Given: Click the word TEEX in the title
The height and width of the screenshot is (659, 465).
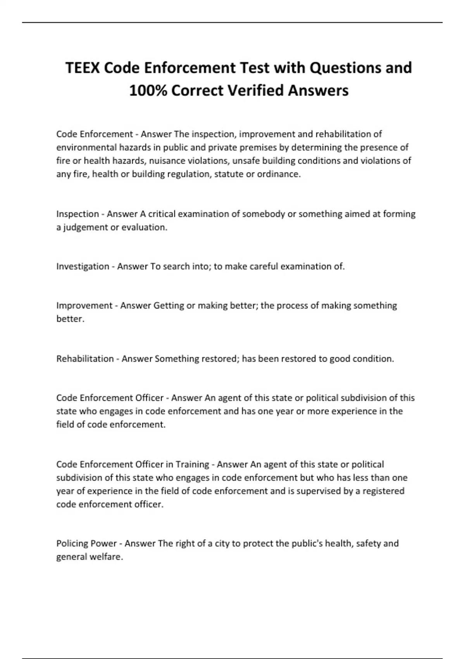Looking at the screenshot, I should coord(83,68).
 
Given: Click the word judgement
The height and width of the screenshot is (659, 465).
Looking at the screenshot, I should coord(85,228).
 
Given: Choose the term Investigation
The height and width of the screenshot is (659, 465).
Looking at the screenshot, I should coord(83,266).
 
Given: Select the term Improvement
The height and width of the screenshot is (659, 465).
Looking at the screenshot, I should coord(84,306).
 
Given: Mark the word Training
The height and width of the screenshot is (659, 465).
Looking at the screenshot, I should coord(192,464).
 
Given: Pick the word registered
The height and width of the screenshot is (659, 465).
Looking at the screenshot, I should coord(383,491).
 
